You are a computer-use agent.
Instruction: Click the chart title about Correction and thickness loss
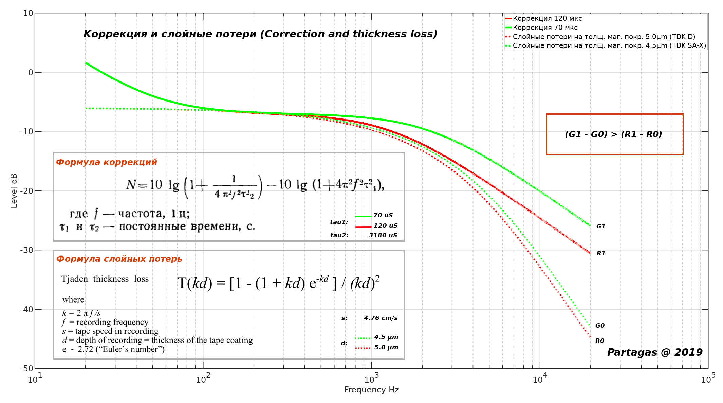tap(260, 34)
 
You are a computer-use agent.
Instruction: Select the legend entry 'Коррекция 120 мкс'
tap(547, 18)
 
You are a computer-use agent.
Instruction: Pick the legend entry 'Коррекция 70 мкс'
tap(545, 28)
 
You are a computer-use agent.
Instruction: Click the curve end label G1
tap(600, 226)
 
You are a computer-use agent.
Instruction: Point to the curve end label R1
tap(600, 253)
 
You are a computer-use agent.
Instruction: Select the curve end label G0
tap(600, 326)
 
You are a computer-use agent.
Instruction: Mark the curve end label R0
tap(599, 341)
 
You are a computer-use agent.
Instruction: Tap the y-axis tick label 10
tap(28, 13)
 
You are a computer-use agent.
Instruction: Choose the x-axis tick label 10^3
tap(371, 378)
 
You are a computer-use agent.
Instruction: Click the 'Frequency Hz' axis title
tap(371, 390)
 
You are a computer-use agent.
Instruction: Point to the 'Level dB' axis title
tap(14, 191)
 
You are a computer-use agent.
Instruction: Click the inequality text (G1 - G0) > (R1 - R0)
tap(613, 134)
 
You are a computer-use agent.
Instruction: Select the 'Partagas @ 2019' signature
tap(655, 352)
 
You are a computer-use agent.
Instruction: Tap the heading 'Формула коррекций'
tap(107, 162)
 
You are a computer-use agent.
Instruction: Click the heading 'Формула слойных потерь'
tap(119, 259)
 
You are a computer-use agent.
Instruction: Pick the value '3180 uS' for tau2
tap(383, 235)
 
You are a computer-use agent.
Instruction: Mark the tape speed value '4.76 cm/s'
tap(381, 318)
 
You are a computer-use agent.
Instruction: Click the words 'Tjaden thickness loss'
tap(105, 279)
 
